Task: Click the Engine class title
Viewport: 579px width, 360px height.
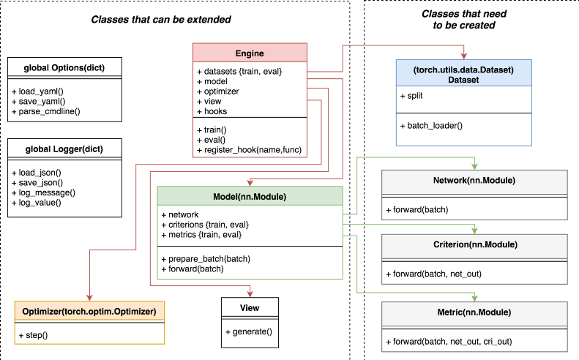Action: [250, 53]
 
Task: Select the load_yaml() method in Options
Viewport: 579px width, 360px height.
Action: [38, 91]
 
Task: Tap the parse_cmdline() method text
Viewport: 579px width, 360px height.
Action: [45, 111]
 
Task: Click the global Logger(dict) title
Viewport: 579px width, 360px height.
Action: [63, 149]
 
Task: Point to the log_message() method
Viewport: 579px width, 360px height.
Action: [43, 192]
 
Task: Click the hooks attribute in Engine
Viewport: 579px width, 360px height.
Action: [212, 112]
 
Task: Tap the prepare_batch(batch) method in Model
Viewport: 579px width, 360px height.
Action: [206, 258]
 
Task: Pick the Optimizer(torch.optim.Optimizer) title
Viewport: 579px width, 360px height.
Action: [89, 312]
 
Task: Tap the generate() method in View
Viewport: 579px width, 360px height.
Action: [249, 331]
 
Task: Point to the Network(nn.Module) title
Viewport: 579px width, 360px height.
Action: [474, 180]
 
